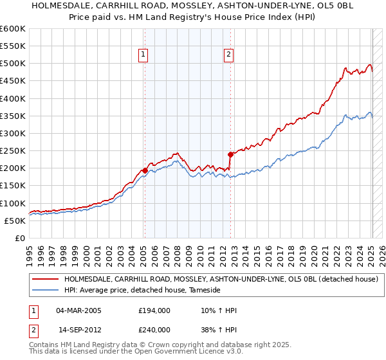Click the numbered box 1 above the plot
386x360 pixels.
[142, 55]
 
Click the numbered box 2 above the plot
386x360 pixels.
[228, 55]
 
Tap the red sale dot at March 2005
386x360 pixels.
[145, 170]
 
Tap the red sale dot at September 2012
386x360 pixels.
[230, 154]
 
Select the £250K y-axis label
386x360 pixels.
[12, 150]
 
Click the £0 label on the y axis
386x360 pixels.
[20, 238]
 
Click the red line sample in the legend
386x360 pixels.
[44, 280]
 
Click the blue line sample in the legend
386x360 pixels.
[44, 291]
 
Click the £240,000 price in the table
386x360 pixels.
[154, 329]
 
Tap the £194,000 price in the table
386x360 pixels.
[154, 311]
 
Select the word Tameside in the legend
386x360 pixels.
[205, 291]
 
